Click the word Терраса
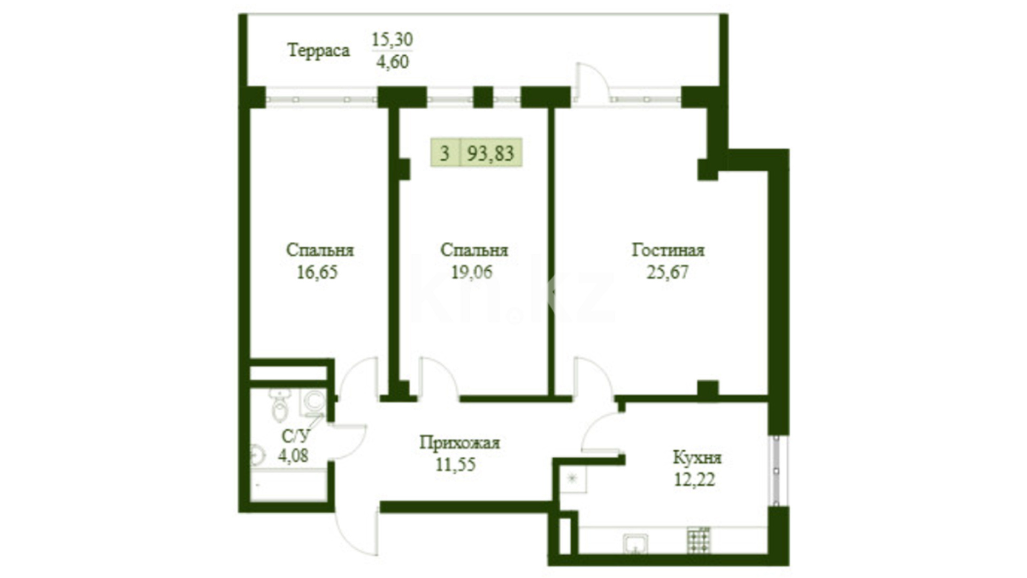(319, 50)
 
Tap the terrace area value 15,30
(392, 39)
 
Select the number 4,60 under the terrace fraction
(392, 62)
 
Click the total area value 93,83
(490, 153)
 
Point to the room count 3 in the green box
(444, 153)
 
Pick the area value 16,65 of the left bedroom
(317, 272)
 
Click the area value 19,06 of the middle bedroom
(472, 272)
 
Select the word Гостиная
(668, 250)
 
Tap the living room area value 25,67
(668, 272)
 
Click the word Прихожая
(459, 443)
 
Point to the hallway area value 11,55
(455, 464)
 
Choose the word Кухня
(697, 458)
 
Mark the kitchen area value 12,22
(694, 480)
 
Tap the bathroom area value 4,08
(293, 456)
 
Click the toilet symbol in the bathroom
(279, 406)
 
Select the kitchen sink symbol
(635, 543)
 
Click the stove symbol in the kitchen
(699, 540)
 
